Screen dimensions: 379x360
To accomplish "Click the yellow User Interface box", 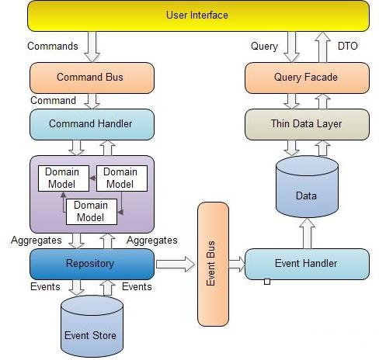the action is pyautogui.click(x=198, y=16).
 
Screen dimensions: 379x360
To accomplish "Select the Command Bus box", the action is pyautogui.click(x=92, y=78).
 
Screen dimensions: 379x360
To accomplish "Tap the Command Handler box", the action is pyautogui.click(x=92, y=124).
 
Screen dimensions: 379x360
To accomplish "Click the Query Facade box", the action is pyautogui.click(x=307, y=78).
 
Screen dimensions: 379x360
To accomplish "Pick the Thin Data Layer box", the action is pyautogui.click(x=307, y=124).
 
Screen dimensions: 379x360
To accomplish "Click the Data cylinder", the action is pyautogui.click(x=307, y=187).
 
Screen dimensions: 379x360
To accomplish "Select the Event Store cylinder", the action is pyautogui.click(x=92, y=327).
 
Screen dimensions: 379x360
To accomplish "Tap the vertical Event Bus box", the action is pyautogui.click(x=214, y=264).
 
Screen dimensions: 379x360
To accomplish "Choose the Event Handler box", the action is pyautogui.click(x=307, y=264).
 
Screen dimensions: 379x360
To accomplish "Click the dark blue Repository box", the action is pyautogui.click(x=92, y=264).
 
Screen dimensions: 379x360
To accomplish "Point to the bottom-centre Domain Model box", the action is pyautogui.click(x=92, y=212).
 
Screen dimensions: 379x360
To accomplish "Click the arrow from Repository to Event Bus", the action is pyautogui.click(x=176, y=264).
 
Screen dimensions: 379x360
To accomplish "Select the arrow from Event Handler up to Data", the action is pyautogui.click(x=307, y=234).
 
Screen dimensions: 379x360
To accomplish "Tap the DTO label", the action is pyautogui.click(x=348, y=47).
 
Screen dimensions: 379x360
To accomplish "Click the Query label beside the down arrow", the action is pyautogui.click(x=264, y=47).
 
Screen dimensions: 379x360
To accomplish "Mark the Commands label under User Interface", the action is pyautogui.click(x=53, y=47).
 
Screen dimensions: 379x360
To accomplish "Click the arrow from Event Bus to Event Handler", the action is pyautogui.click(x=237, y=264).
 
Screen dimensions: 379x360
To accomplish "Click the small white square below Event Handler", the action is pyautogui.click(x=267, y=282).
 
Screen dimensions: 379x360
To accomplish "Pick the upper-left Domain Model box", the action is pyautogui.click(x=64, y=178).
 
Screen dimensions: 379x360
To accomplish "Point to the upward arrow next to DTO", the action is pyautogui.click(x=322, y=47).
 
